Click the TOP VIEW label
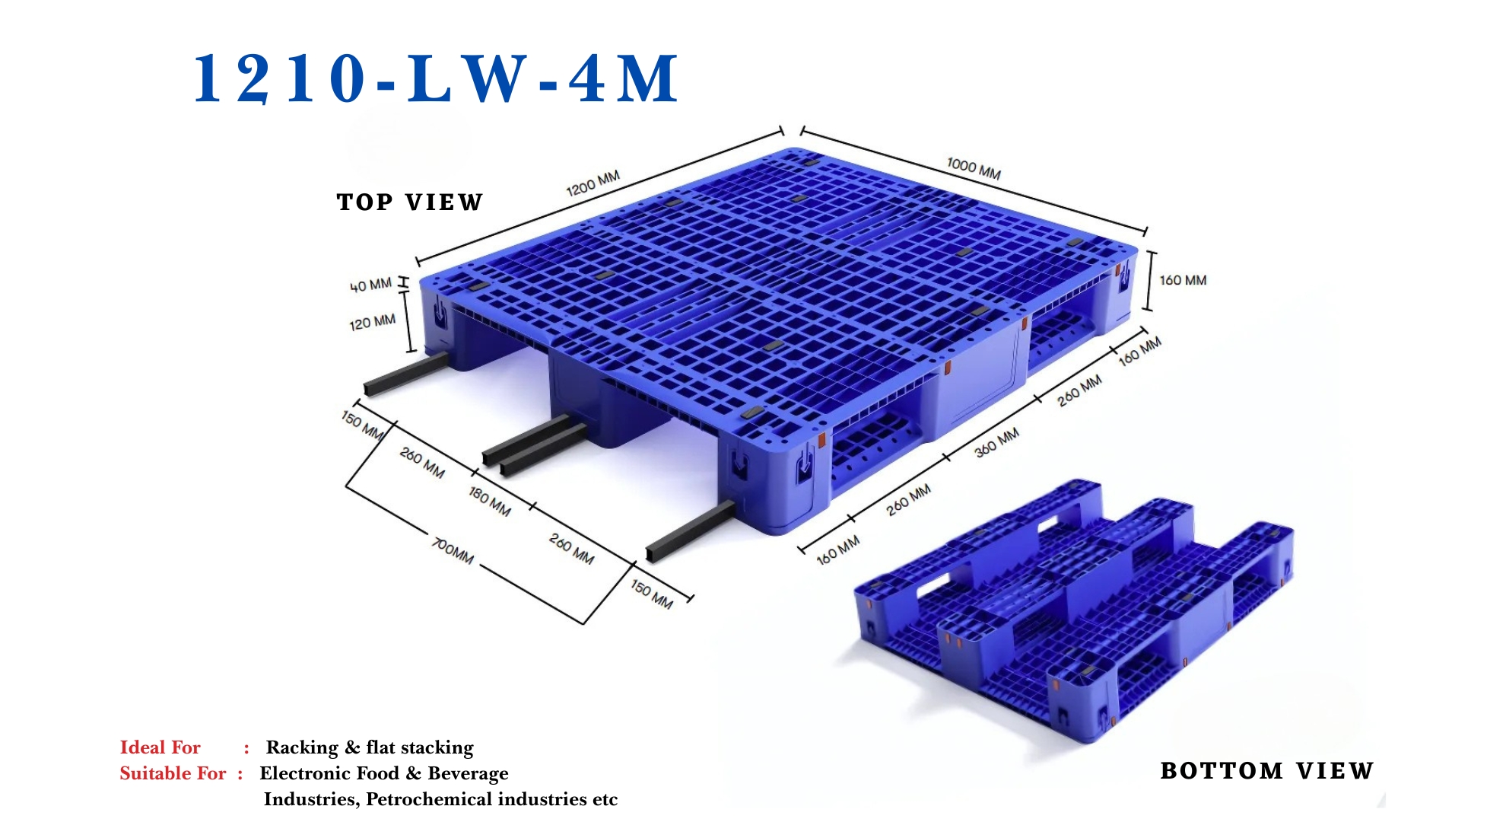tap(409, 202)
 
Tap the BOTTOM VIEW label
tap(1266, 771)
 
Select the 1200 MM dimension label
tap(593, 183)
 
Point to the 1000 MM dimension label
tap(973, 169)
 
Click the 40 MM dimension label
tap(370, 285)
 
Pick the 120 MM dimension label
tap(372, 323)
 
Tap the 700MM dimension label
tap(453, 550)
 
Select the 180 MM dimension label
tap(489, 501)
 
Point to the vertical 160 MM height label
tap(1182, 281)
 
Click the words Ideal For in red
tap(160, 747)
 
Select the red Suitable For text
tap(173, 773)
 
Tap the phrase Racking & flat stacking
tap(370, 747)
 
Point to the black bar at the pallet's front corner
tap(688, 533)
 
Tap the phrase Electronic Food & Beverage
tap(384, 773)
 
